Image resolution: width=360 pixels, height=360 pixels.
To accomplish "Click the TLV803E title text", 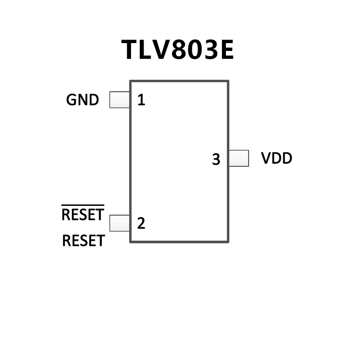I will click(x=178, y=50).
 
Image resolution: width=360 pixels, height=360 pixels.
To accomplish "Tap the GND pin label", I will click(x=82, y=100).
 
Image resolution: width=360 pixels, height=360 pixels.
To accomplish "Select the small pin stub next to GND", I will click(x=119, y=100).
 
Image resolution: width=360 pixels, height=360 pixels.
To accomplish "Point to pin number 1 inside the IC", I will click(x=141, y=101).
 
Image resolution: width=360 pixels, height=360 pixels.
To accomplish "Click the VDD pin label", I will click(x=276, y=158).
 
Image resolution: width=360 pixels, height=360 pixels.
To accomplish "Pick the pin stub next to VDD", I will click(x=239, y=158).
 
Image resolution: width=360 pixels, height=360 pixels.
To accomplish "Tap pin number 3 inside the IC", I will click(x=216, y=160).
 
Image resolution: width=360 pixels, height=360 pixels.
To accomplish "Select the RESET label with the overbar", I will click(x=83, y=214).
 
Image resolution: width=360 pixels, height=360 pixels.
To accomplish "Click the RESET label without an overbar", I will click(x=83, y=241).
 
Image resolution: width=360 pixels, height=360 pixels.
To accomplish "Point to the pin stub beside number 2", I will click(x=119, y=223).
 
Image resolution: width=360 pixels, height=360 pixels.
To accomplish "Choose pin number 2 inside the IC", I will click(x=141, y=223).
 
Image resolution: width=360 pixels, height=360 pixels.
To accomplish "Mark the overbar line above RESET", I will click(x=83, y=205).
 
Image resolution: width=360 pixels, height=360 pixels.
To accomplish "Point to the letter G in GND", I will click(x=71, y=100).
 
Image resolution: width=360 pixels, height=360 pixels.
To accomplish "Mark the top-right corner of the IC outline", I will click(x=228, y=81).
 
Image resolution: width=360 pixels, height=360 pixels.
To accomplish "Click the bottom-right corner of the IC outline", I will click(x=228, y=242).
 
